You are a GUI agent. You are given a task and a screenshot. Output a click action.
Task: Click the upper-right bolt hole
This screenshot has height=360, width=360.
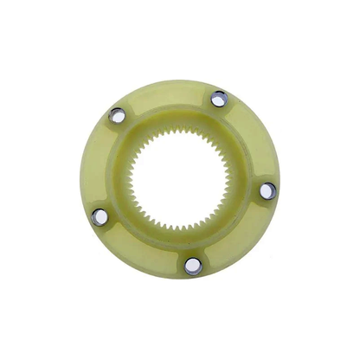click(219, 100)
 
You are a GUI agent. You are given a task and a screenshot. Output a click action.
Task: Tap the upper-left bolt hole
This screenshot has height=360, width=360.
click(117, 115)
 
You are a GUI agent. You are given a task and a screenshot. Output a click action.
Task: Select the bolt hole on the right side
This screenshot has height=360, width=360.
click(268, 191)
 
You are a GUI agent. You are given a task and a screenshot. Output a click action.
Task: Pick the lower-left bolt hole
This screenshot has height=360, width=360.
click(100, 216)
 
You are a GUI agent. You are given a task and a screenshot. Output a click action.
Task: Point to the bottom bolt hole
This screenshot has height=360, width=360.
click(193, 266)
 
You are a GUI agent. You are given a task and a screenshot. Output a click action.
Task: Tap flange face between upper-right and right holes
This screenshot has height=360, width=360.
click(254, 140)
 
